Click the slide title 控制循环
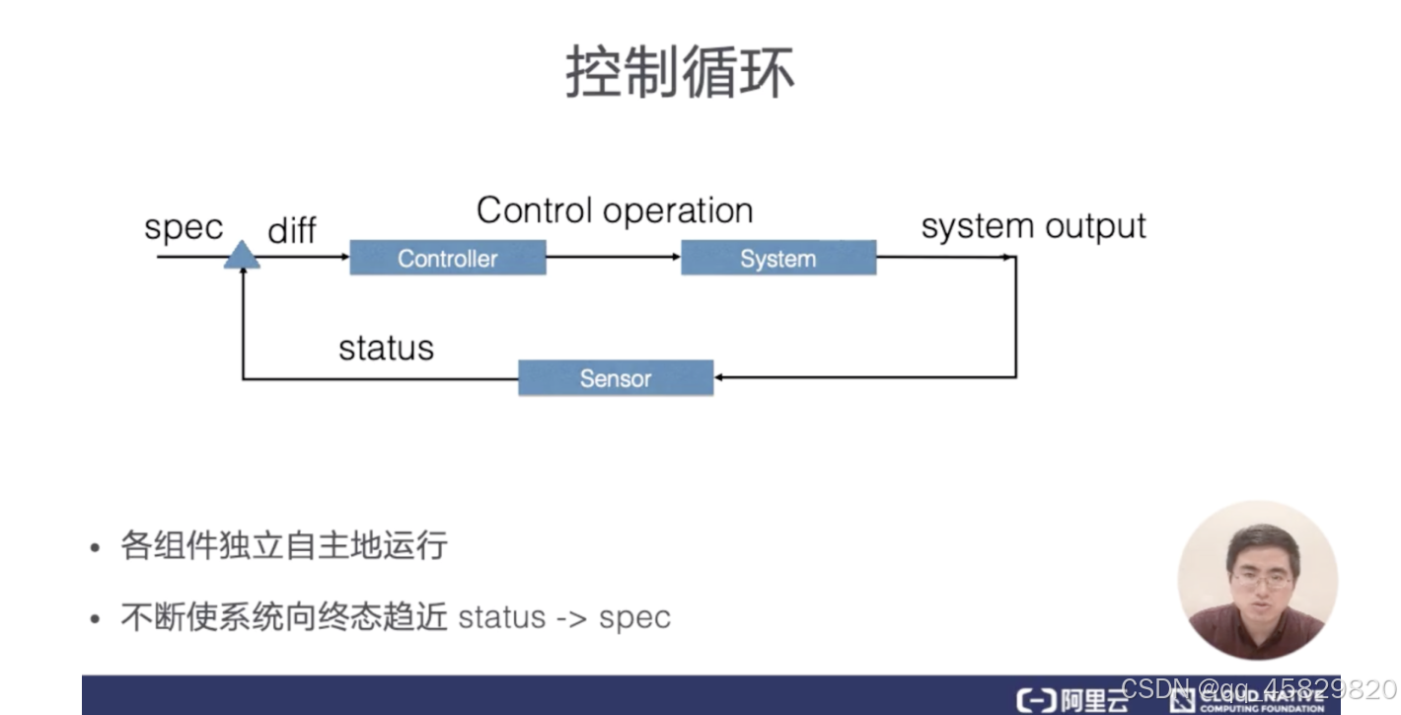pyautogui.click(x=680, y=73)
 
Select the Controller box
pyautogui.click(x=447, y=259)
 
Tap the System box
pyautogui.click(x=777, y=259)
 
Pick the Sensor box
pyautogui.click(x=615, y=378)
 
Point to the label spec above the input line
pyautogui.click(x=184, y=227)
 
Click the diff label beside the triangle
pyautogui.click(x=292, y=230)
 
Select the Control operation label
pyautogui.click(x=614, y=210)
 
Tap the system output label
pyautogui.click(x=1033, y=226)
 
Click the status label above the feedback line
pyautogui.click(x=386, y=348)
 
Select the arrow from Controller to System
pyautogui.click(x=613, y=259)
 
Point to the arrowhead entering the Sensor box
pyautogui.click(x=720, y=377)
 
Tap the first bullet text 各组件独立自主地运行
pyautogui.click(x=284, y=545)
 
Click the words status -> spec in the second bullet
pyautogui.click(x=564, y=618)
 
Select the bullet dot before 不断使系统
pyautogui.click(x=95, y=619)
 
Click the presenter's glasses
pyautogui.click(x=1260, y=580)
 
